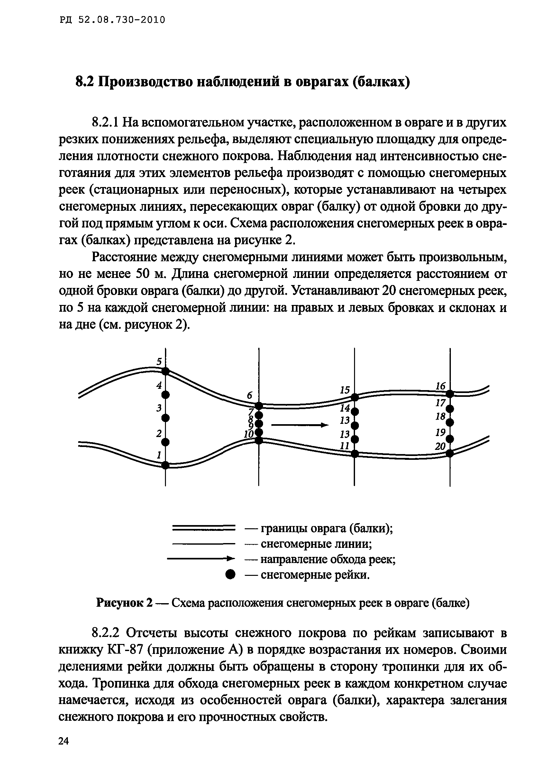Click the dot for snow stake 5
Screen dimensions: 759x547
pyautogui.click(x=166, y=371)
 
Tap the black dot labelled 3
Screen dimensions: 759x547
pyautogui.click(x=166, y=418)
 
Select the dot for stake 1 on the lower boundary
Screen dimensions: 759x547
pyautogui.click(x=166, y=465)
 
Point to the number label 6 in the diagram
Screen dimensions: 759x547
pyautogui.click(x=249, y=395)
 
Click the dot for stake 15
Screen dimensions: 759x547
pyautogui.click(x=355, y=397)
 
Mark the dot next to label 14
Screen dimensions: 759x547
pyautogui.click(x=355, y=411)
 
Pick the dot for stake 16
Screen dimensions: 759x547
pyautogui.click(x=450, y=394)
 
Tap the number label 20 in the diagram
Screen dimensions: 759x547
pyautogui.click(x=440, y=446)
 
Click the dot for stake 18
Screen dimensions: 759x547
pyautogui.click(x=450, y=423)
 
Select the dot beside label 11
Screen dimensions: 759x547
pyautogui.click(x=355, y=454)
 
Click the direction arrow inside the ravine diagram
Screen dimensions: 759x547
pyautogui.click(x=299, y=425)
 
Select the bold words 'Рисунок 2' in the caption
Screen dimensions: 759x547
pyautogui.click(x=124, y=603)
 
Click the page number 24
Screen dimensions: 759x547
pyautogui.click(x=63, y=741)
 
